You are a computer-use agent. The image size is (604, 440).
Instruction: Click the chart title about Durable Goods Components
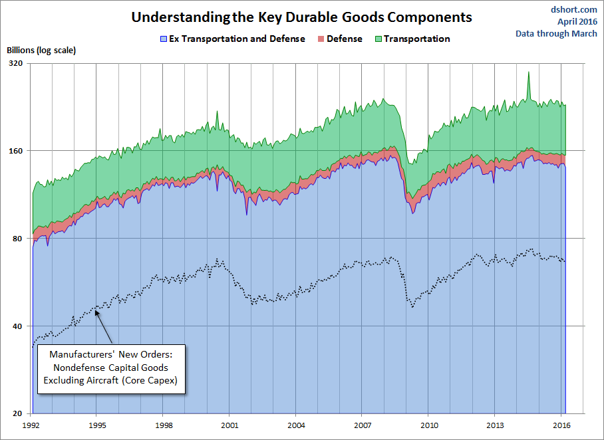pyautogui.click(x=301, y=17)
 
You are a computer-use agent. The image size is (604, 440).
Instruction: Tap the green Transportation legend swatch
pyautogui.click(x=378, y=39)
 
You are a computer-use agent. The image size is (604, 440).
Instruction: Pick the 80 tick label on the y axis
pyautogui.click(x=17, y=239)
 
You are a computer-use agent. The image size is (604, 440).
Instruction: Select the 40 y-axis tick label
pyautogui.click(x=17, y=326)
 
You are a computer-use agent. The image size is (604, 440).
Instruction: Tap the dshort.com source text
pyautogui.click(x=573, y=9)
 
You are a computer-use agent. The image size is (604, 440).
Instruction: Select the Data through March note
pyautogui.click(x=556, y=33)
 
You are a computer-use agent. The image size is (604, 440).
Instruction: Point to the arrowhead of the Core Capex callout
pyautogui.click(x=97, y=311)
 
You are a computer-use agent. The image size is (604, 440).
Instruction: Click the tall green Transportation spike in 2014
pyautogui.click(x=528, y=74)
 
